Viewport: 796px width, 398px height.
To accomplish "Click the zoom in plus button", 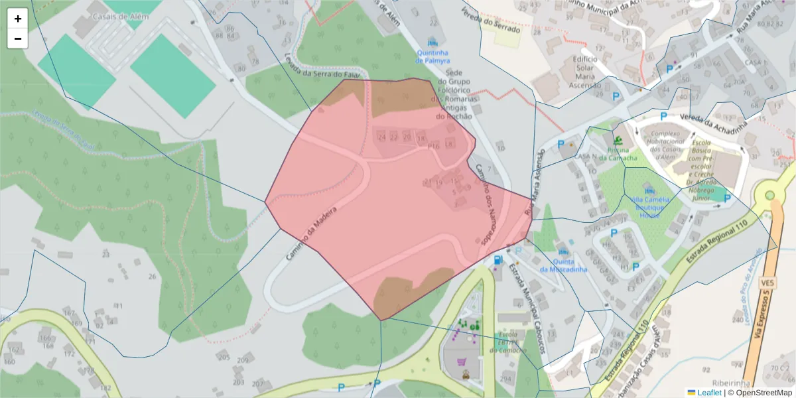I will tap(18, 19).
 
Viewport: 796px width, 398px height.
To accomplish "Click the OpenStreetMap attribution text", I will tap(763, 393).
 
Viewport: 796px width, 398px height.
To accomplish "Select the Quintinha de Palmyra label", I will tap(432, 56).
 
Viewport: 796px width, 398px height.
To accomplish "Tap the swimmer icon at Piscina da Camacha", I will tap(618, 140).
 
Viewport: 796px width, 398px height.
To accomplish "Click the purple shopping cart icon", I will tap(462, 362).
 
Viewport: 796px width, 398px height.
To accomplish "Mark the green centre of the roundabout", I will tap(769, 196).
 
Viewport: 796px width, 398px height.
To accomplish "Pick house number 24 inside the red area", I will tap(381, 137).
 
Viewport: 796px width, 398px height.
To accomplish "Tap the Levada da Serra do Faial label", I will tap(324, 74).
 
